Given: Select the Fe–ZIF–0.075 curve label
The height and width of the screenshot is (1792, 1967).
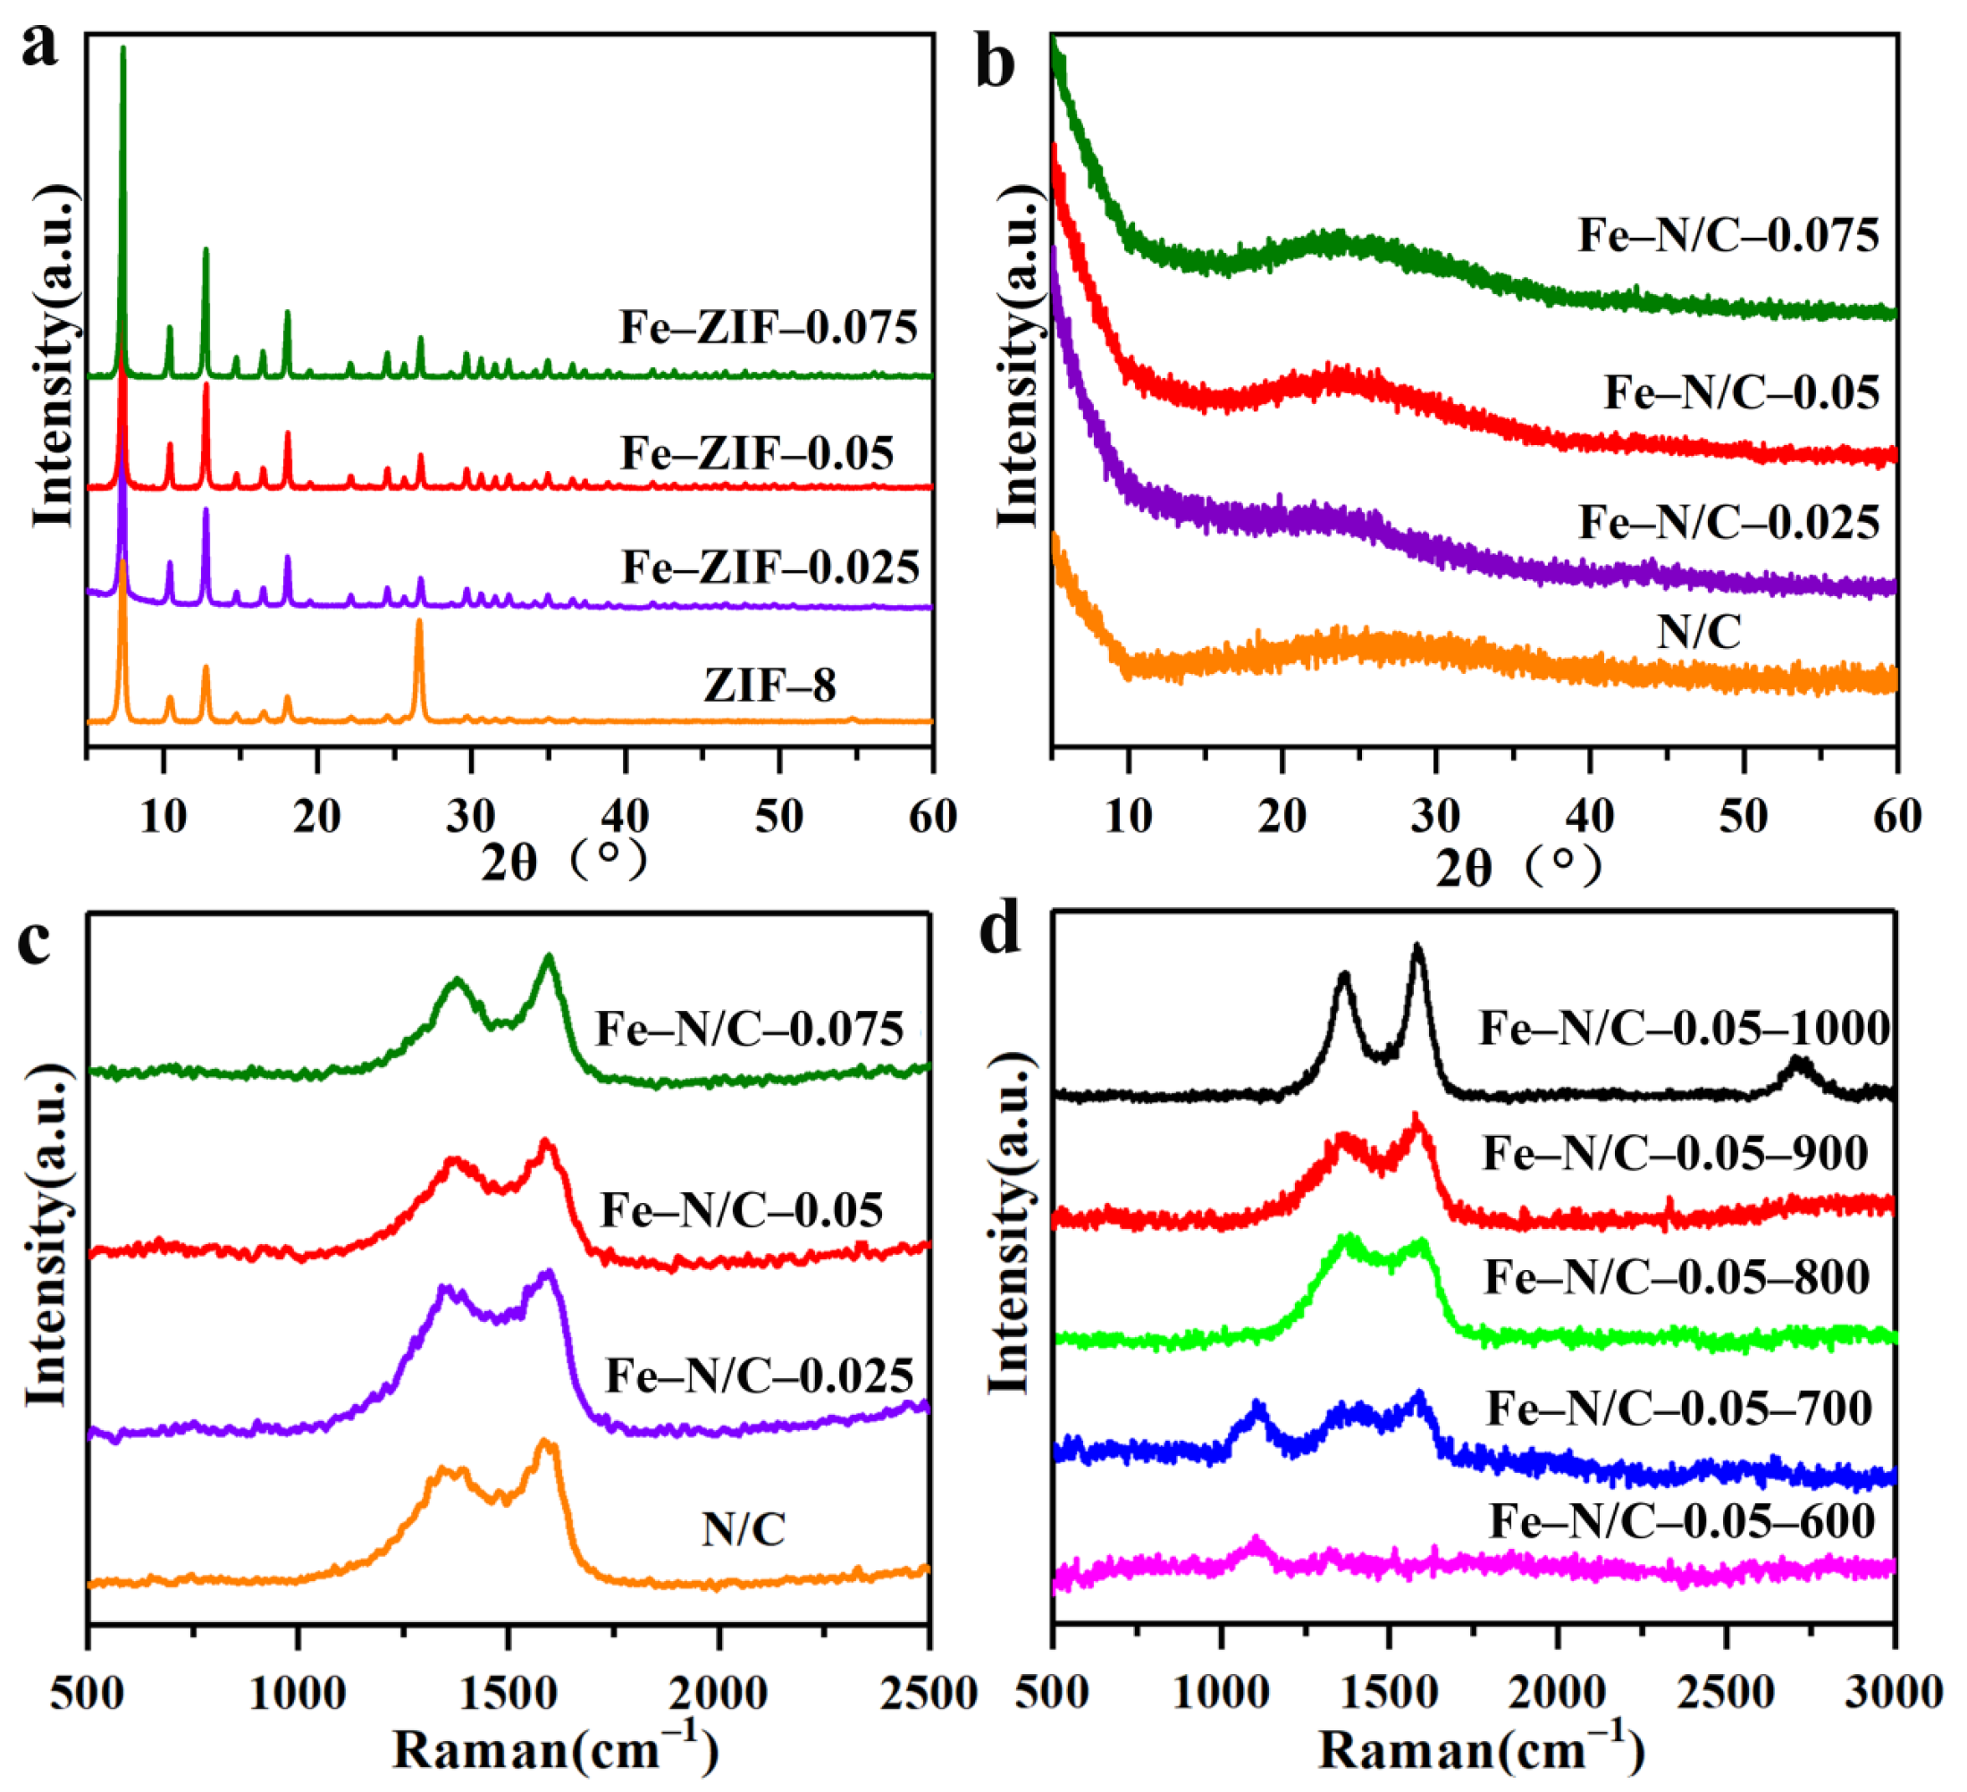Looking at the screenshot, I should pyautogui.click(x=768, y=328).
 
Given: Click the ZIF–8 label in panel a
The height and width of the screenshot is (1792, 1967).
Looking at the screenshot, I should pyautogui.click(x=769, y=686).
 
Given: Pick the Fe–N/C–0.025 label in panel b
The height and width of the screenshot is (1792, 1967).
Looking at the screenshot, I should pyautogui.click(x=1729, y=522).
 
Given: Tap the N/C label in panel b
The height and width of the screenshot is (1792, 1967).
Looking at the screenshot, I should pyautogui.click(x=1699, y=632).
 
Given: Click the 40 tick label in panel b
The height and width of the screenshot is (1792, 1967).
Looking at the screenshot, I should pyautogui.click(x=1589, y=815).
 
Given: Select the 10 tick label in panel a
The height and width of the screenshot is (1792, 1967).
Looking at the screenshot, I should pyautogui.click(x=163, y=815).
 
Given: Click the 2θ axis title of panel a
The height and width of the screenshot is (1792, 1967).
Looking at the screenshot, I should pyautogui.click(x=563, y=861).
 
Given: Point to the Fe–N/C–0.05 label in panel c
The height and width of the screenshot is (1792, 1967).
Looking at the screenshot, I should pyautogui.click(x=742, y=1210).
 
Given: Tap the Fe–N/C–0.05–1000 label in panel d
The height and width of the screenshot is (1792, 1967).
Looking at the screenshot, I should pyautogui.click(x=1685, y=1028).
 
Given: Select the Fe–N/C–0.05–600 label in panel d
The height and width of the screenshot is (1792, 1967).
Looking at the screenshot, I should pyautogui.click(x=1682, y=1522).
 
